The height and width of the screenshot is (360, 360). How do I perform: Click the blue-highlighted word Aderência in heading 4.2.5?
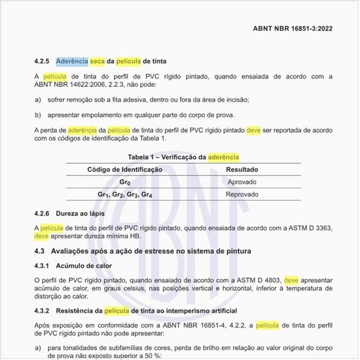[x=72, y=61]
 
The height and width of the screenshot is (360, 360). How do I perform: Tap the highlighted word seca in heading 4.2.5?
[x=97, y=61]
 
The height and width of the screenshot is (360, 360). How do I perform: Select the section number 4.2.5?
[x=42, y=61]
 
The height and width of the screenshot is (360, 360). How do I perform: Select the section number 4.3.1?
[x=42, y=266]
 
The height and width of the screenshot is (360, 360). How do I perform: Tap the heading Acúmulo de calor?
[x=84, y=266]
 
